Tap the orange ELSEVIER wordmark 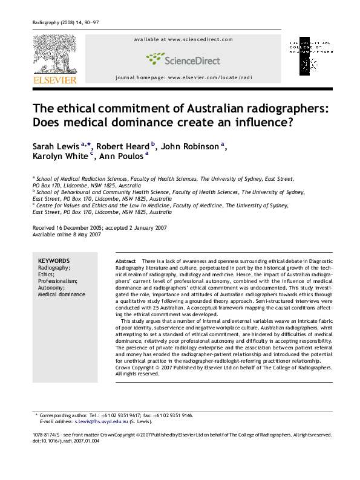(54, 80)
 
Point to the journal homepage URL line (183, 78)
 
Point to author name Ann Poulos (122, 157)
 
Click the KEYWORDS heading (54, 261)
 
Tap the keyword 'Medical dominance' (62, 295)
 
